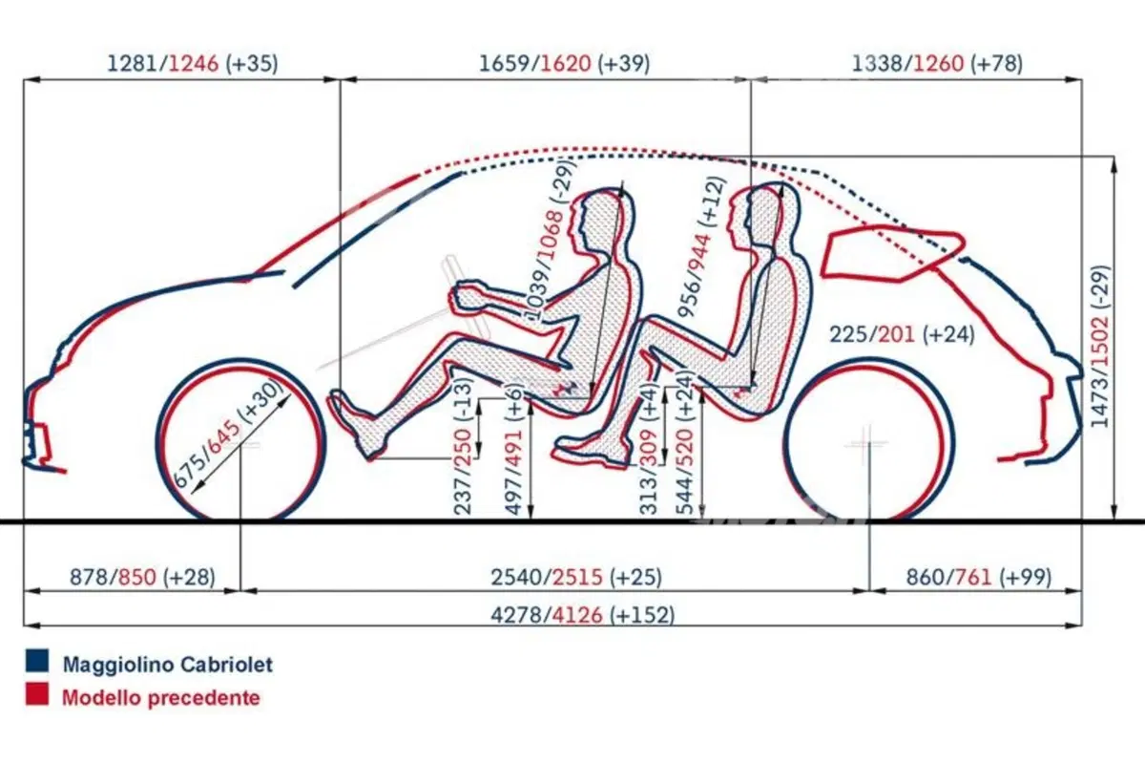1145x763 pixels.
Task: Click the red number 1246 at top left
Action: click(193, 63)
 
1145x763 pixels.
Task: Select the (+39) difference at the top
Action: click(624, 63)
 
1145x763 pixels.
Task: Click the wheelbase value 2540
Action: click(516, 577)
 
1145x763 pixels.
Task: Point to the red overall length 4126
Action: click(577, 615)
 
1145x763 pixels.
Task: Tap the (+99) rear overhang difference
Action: click(1026, 577)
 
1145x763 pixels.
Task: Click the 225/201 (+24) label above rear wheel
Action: click(902, 334)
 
